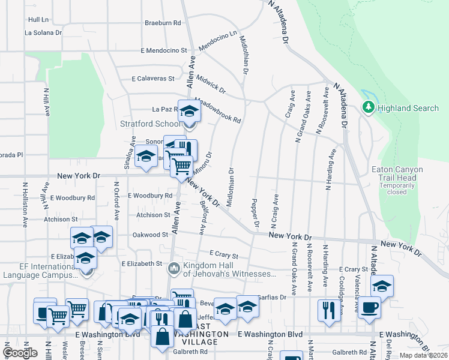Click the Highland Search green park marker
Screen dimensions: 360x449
tap(367, 108)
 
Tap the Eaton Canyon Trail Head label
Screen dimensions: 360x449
tap(394, 173)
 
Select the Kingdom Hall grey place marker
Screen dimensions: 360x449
tap(174, 268)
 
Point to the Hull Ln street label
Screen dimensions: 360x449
tap(37, 20)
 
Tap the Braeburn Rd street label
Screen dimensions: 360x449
tap(163, 23)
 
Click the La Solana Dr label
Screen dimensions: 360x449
tap(43, 33)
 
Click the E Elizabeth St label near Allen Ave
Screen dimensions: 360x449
tap(142, 263)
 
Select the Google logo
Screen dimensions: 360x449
tap(20, 353)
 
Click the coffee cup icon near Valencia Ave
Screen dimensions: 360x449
tap(369, 307)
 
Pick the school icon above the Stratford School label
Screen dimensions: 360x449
tap(190, 112)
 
